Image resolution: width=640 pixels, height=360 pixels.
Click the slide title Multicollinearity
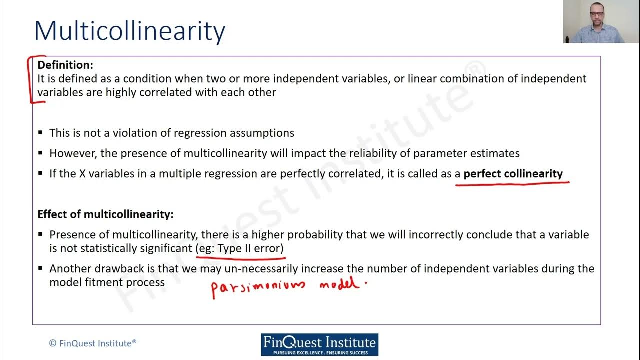pos(130,31)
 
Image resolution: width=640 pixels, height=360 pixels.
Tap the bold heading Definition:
pos(65,65)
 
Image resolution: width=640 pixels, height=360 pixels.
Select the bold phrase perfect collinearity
pos(513,174)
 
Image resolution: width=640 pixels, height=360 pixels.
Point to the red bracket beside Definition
pos(32,80)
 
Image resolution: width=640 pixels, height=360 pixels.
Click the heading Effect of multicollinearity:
pos(105,214)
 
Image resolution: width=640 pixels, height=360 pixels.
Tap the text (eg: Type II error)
pos(240,248)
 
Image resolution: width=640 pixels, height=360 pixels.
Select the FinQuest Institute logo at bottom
pos(320,345)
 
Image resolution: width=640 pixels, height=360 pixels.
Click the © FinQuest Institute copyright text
pos(93,343)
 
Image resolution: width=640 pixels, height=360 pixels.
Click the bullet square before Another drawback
pos(41,269)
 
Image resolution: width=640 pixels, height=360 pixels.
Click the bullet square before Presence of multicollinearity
pos(41,235)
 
